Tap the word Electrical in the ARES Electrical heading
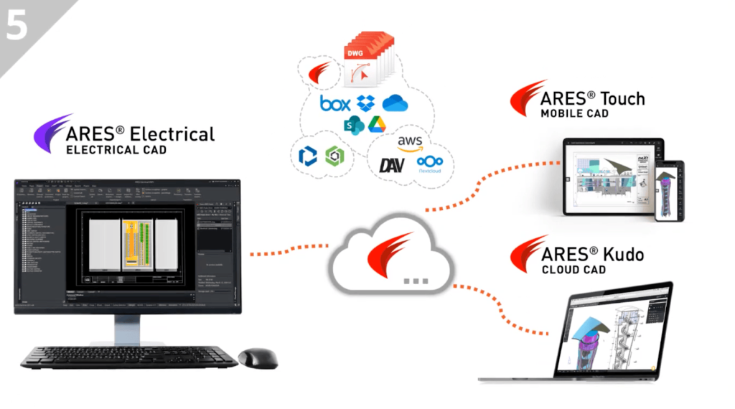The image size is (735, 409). click(x=173, y=133)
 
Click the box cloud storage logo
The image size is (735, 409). click(x=335, y=103)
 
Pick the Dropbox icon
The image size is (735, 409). click(x=366, y=103)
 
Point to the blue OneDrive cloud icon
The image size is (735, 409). click(x=395, y=103)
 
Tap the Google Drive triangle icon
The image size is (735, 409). click(x=377, y=124)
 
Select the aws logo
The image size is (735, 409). click(x=410, y=141)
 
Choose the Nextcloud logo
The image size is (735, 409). click(x=430, y=164)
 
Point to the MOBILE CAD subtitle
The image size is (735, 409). click(x=574, y=113)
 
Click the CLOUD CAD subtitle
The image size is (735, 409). click(x=574, y=270)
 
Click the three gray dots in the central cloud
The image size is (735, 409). click(x=416, y=280)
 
